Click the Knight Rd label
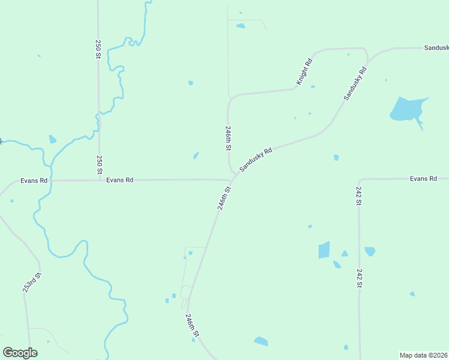pos(304,71)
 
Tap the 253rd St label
pos(32,283)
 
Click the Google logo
pos(20,353)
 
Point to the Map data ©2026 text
pos(424,355)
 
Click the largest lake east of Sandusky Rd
pos(406,109)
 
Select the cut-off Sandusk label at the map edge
pos(436,47)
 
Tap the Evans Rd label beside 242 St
pos(423,179)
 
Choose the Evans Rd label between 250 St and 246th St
pos(119,179)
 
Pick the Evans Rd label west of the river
pos(34,179)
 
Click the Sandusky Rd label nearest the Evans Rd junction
pos(256,160)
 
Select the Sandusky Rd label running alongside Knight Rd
pos(355,83)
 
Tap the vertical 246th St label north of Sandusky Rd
pos(228,137)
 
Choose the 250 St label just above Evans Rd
pos(100,165)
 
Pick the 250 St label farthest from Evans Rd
pos(98,49)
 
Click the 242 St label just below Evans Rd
pos(358,196)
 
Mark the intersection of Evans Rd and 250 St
pos(100,179)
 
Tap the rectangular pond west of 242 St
pos(324,250)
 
